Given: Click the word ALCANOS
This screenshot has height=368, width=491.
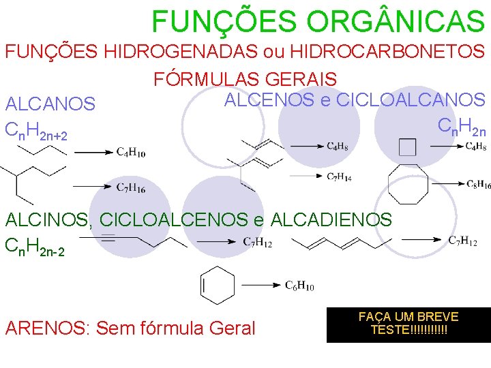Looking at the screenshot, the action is (50, 104).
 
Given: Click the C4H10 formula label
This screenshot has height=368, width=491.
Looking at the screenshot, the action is (130, 153).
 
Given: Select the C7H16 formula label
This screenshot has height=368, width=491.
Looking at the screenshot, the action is (130, 187).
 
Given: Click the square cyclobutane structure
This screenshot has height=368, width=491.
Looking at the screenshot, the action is (407, 147).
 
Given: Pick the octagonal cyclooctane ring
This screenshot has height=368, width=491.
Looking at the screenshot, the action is (408, 185).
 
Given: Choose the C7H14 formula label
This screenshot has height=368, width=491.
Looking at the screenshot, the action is (339, 177).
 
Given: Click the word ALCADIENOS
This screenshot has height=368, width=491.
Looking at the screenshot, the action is (331, 219).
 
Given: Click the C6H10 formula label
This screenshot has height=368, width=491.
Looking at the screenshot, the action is (299, 286).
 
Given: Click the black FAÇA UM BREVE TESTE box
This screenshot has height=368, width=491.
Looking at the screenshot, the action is (408, 324).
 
